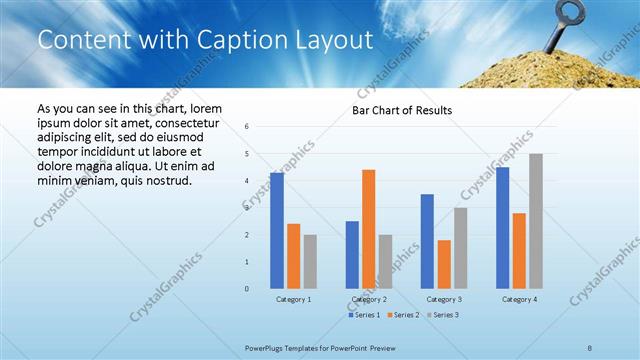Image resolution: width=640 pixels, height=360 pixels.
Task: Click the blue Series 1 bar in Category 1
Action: pos(277,231)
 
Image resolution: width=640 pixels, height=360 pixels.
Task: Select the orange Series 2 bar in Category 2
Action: pos(368,229)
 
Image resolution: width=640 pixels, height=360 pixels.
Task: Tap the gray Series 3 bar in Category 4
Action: pos(536,221)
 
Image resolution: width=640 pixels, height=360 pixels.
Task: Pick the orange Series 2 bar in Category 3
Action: pos(444,264)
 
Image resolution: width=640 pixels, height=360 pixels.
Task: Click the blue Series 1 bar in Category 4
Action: pos(502,228)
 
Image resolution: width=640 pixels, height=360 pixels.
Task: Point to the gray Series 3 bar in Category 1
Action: pos(310,262)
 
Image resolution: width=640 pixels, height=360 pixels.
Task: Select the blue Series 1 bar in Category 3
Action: pos(427,241)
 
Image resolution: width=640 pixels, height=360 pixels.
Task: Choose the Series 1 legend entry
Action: pos(364,315)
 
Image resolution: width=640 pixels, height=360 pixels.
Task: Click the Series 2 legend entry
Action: pos(402,315)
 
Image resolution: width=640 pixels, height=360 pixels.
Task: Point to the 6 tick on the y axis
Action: pos(247,127)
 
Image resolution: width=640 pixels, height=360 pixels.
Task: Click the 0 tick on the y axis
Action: pos(247,289)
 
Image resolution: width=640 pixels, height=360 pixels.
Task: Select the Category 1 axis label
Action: pos(293,299)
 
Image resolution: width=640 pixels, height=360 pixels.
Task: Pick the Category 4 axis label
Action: pos(519,299)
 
